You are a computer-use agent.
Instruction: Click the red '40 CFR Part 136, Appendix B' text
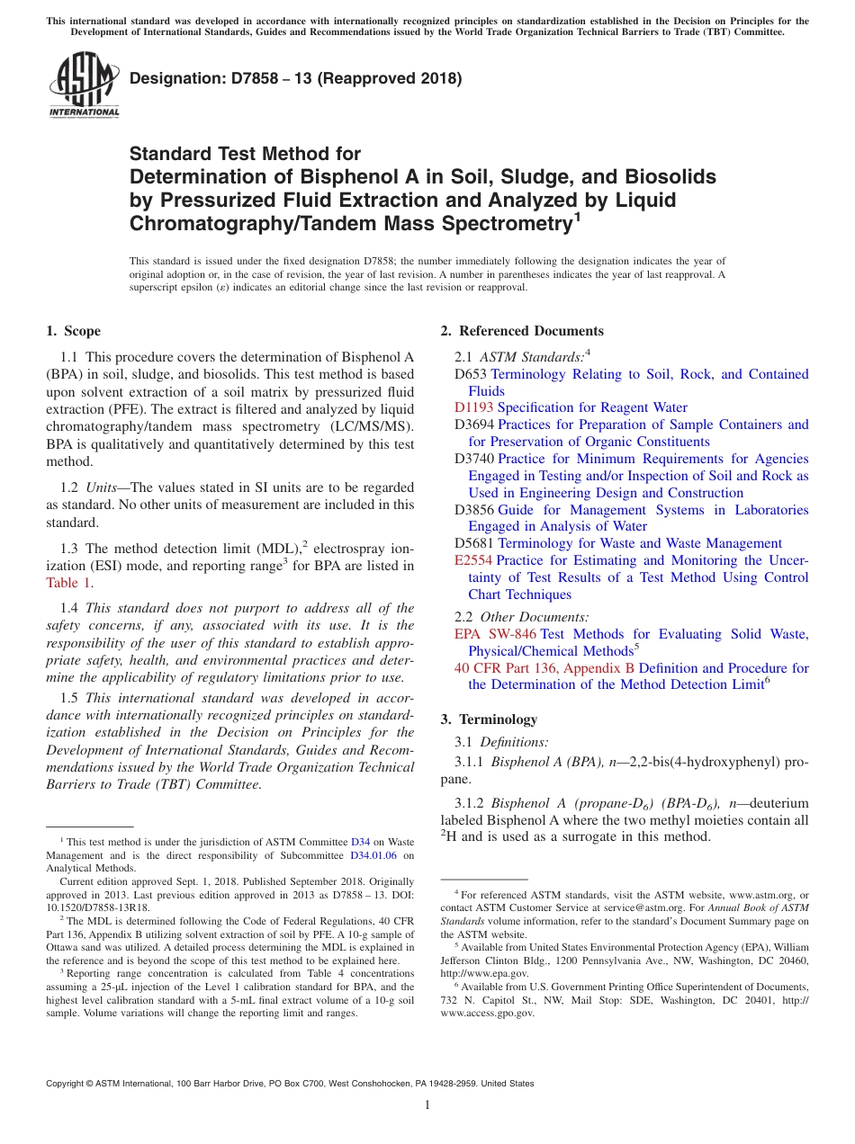click(544, 668)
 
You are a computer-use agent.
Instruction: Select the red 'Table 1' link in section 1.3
click(68, 583)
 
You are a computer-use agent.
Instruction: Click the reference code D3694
click(474, 425)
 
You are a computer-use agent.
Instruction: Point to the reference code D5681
click(474, 543)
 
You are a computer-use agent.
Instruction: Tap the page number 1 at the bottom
click(427, 1105)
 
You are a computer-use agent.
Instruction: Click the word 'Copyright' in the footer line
click(69, 1084)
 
